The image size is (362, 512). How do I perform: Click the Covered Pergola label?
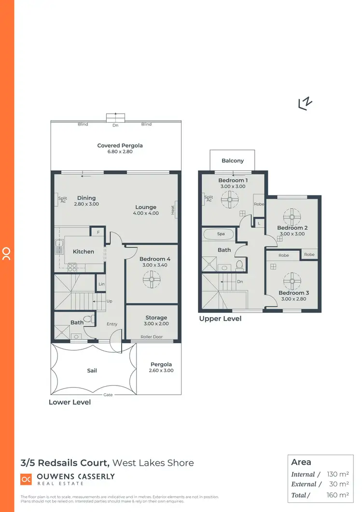coord(120,145)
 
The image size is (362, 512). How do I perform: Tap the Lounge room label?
coord(146,207)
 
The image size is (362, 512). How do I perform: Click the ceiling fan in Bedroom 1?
coord(230,199)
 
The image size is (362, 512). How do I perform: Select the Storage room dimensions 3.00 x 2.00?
coord(156,324)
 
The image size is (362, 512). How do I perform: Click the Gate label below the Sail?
coord(108,395)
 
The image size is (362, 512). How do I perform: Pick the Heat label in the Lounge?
coord(172,209)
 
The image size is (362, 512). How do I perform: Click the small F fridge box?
coord(98,232)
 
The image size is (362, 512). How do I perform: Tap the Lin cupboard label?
coord(101,284)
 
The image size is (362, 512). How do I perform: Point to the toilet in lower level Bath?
coord(88,319)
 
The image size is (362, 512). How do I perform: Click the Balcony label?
coord(233,161)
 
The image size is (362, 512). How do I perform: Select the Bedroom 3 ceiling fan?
coord(292,278)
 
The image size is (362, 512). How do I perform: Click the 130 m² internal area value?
coord(337,474)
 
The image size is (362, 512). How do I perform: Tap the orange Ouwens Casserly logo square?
coord(25,479)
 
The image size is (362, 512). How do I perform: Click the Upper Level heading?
coord(220,318)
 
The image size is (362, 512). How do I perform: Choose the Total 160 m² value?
coord(337,495)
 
